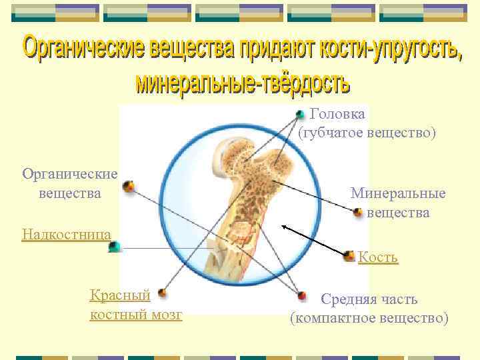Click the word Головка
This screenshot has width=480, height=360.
click(x=337, y=115)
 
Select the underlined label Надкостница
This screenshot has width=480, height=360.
click(x=66, y=233)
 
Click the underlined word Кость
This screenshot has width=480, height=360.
click(x=378, y=257)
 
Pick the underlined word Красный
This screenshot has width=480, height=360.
click(x=120, y=295)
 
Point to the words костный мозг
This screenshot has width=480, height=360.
click(x=135, y=314)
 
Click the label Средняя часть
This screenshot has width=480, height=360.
click(x=369, y=299)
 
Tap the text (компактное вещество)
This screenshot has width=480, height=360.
click(x=369, y=318)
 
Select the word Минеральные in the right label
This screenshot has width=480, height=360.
click(x=398, y=194)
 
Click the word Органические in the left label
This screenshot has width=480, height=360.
click(x=70, y=174)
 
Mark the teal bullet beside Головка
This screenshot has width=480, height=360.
click(x=301, y=115)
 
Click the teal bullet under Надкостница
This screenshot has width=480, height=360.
click(x=115, y=247)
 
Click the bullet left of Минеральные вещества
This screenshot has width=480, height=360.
click(x=358, y=213)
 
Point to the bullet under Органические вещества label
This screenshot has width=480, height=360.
click(x=128, y=186)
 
